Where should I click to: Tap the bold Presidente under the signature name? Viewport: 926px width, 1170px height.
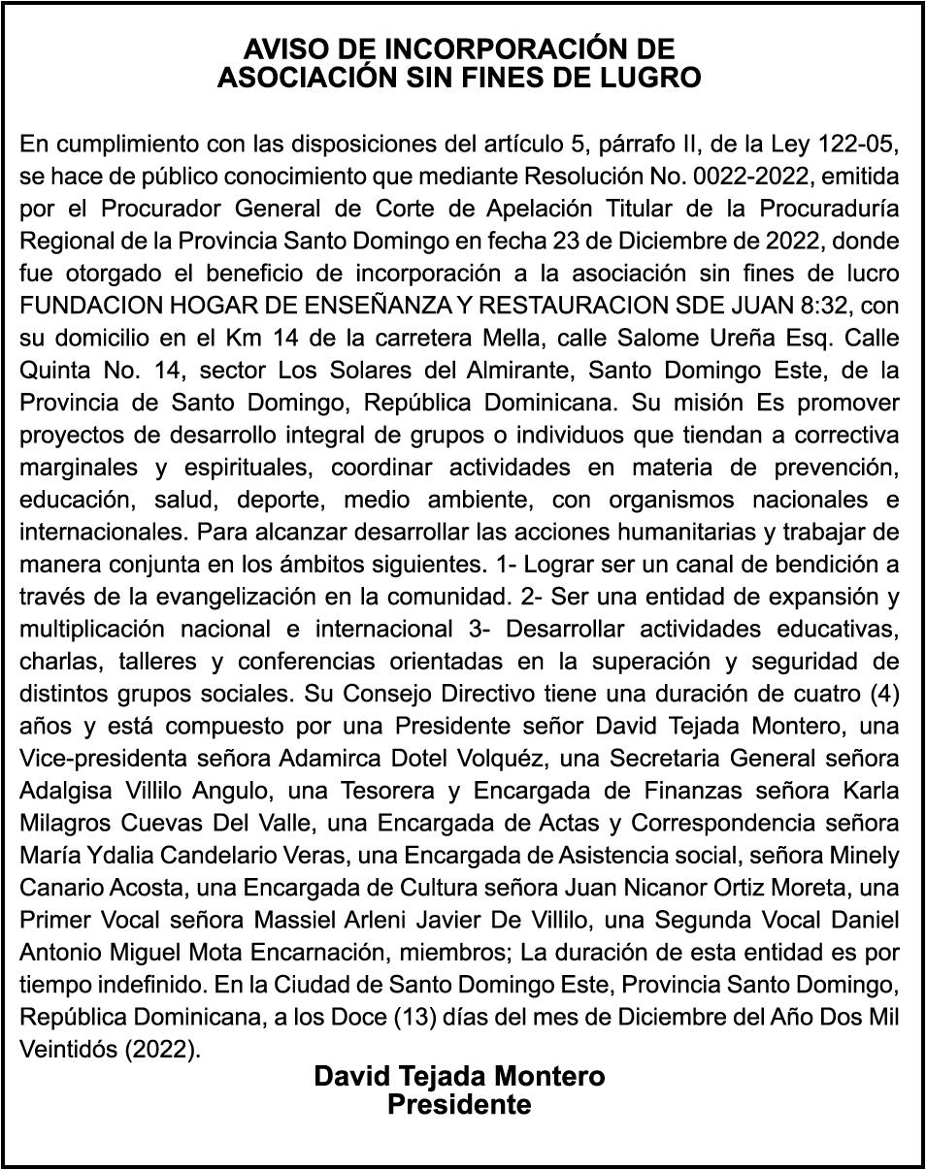tap(459, 1104)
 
